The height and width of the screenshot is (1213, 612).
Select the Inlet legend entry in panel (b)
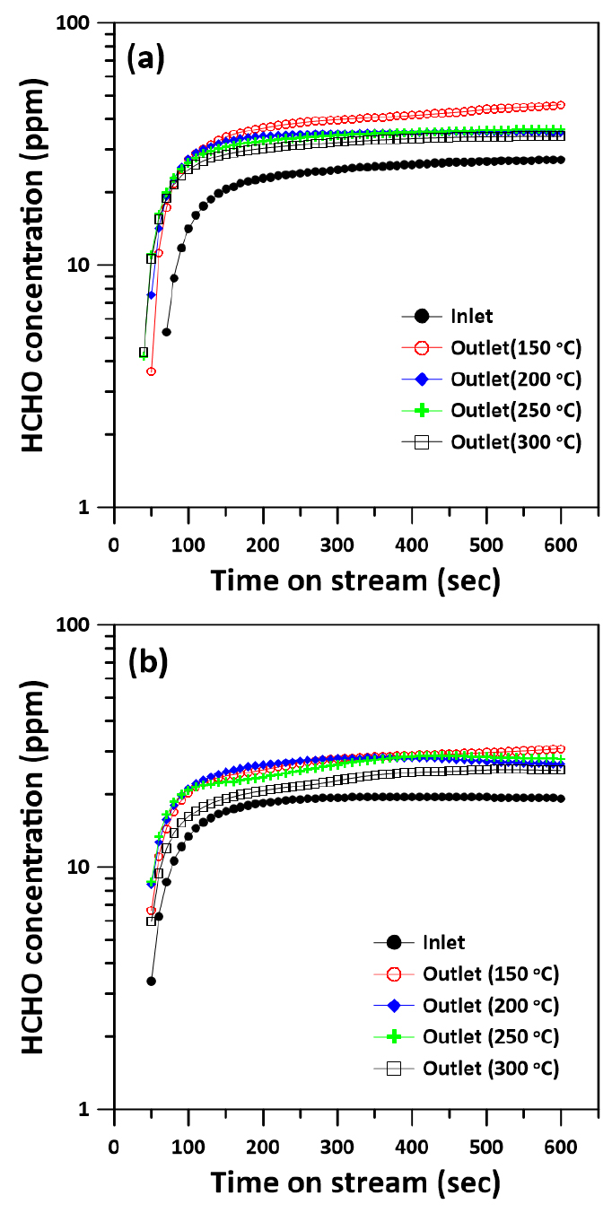pos(444,942)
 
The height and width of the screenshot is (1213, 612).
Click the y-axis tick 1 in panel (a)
pos(92,507)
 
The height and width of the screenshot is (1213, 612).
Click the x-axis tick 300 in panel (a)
pos(337,545)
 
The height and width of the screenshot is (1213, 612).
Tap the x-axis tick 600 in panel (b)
pos(561,1148)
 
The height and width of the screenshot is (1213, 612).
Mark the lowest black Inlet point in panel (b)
pos(152,981)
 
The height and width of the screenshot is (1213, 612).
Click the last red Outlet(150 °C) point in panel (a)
pos(561,105)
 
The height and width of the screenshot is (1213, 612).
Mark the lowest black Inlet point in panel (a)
pos(166,332)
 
